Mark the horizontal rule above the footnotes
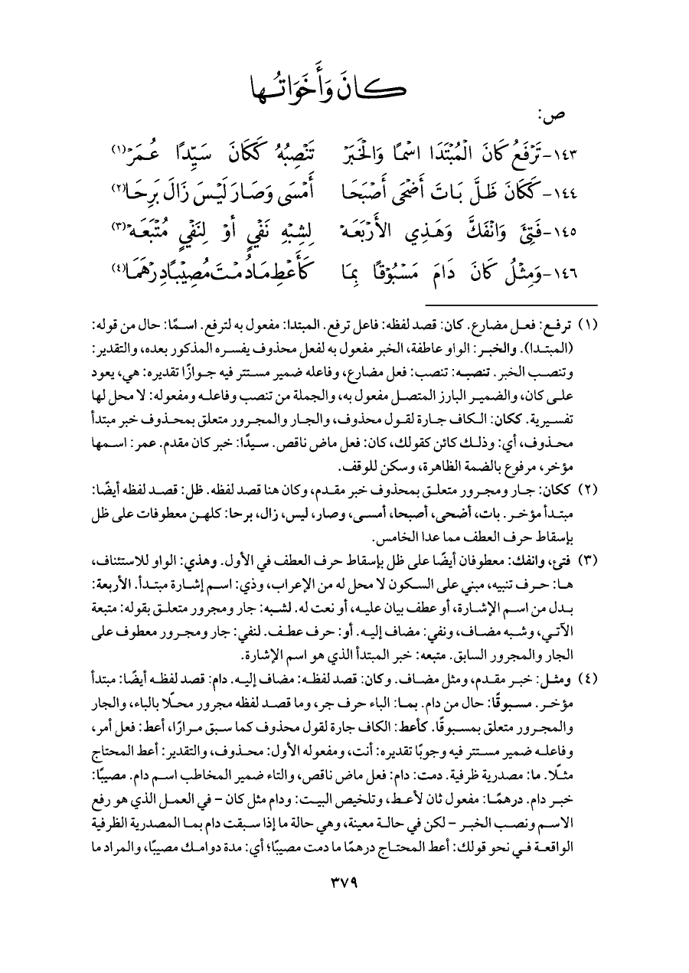point(344,304)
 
